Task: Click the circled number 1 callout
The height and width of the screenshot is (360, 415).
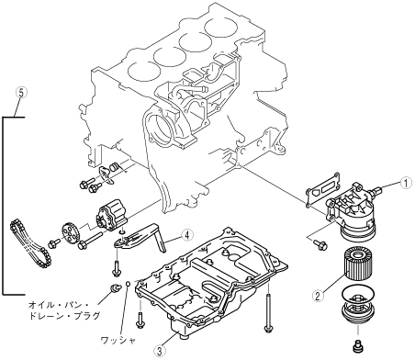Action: click(x=406, y=184)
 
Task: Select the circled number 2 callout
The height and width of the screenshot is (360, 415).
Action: click(x=318, y=296)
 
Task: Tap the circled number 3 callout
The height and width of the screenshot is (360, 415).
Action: click(x=160, y=351)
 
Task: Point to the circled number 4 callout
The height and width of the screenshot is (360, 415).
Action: click(x=187, y=235)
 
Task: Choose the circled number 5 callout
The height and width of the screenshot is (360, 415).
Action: click(x=21, y=93)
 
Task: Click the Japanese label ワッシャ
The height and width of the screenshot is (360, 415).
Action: click(x=118, y=340)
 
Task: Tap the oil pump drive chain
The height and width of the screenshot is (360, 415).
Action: click(x=30, y=245)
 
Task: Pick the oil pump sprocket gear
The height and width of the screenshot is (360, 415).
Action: click(x=70, y=234)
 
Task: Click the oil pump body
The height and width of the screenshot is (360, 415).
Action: click(x=111, y=215)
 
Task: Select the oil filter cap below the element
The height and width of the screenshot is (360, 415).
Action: click(x=357, y=306)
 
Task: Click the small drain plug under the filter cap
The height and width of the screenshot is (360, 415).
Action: click(x=358, y=345)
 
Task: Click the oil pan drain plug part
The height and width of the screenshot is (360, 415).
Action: click(x=116, y=288)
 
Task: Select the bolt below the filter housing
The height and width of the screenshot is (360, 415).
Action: click(x=320, y=244)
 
